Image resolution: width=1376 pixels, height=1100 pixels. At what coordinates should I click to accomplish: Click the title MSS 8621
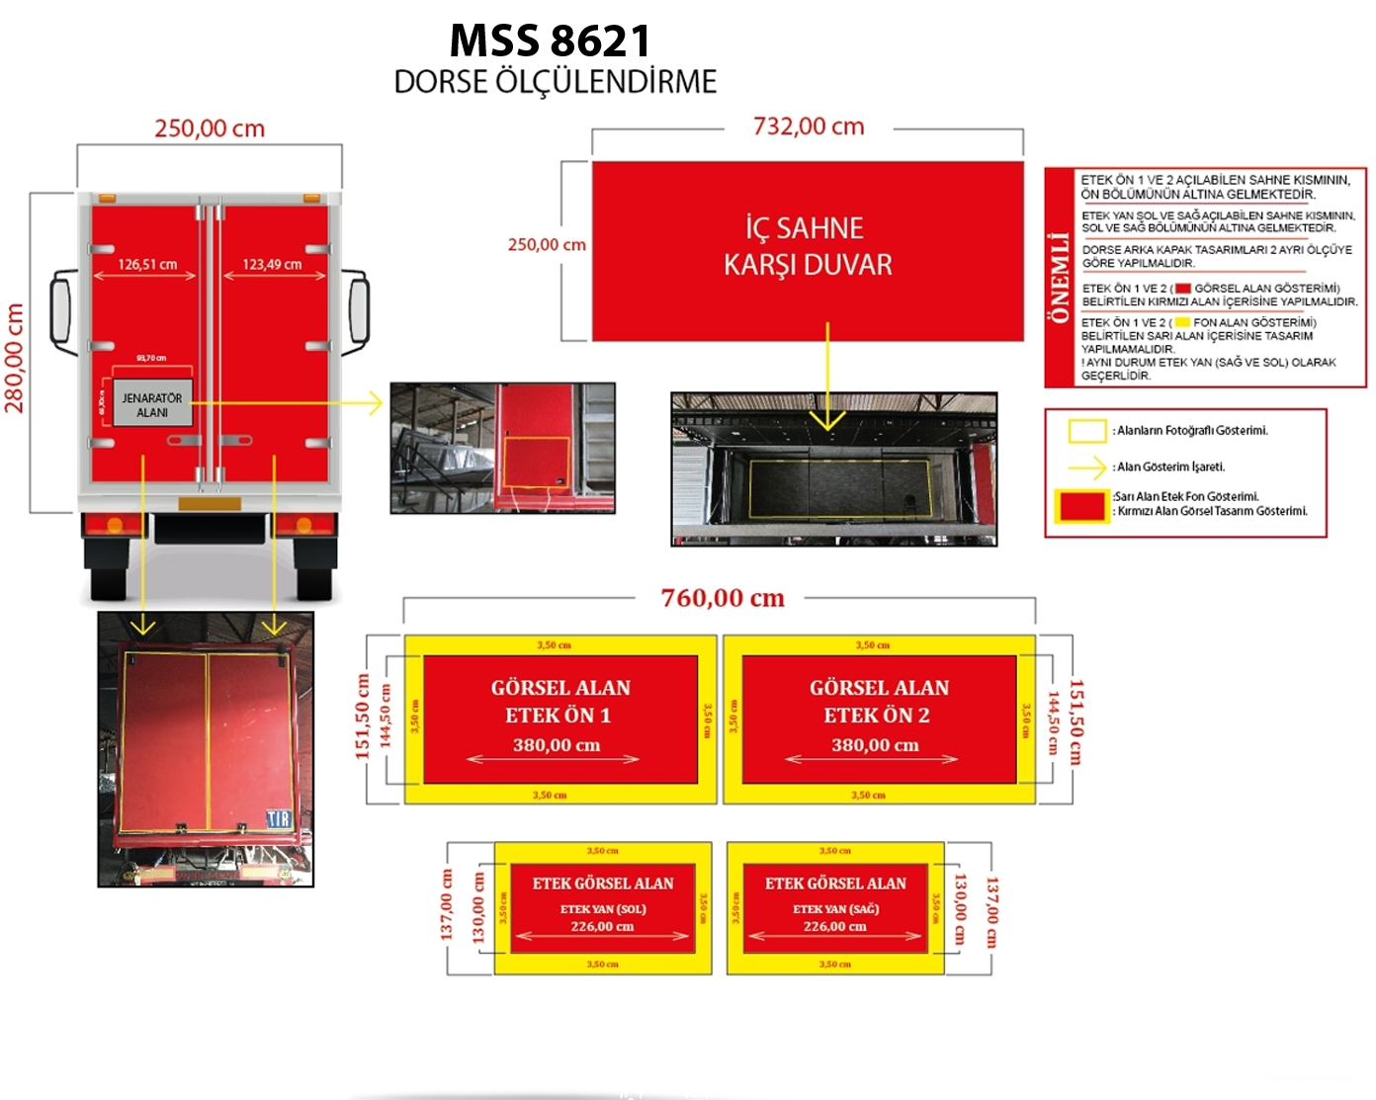(550, 42)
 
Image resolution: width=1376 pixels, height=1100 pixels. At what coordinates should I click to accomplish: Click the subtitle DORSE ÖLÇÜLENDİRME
(555, 82)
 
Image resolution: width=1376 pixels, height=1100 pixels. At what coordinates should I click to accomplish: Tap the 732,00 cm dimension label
(809, 127)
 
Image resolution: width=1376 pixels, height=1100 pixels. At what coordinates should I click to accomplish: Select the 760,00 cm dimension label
(723, 598)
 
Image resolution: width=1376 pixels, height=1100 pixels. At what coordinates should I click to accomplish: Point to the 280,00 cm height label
(15, 357)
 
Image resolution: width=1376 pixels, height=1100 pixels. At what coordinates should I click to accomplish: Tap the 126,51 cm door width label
(147, 264)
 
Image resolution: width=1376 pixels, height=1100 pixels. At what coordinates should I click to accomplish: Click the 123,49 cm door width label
(272, 264)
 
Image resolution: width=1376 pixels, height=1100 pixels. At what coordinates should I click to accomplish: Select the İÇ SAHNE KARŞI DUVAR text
(808, 246)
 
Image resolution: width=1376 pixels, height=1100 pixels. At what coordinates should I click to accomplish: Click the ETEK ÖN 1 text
(559, 716)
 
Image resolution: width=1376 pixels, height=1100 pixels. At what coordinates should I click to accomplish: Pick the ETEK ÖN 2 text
(877, 716)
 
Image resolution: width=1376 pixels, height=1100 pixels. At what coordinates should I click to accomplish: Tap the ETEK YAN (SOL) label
(603, 909)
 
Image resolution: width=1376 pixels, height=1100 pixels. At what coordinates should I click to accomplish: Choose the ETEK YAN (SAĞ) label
(835, 909)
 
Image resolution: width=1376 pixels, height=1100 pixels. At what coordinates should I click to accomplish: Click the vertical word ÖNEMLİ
(1060, 278)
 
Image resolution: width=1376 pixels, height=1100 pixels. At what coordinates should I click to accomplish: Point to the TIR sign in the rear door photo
(279, 819)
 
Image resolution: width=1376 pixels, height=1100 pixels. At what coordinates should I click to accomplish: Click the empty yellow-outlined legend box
(1086, 431)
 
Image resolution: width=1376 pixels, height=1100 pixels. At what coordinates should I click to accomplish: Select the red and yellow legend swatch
(1080, 505)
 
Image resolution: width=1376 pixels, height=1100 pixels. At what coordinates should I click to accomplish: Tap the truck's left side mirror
(61, 310)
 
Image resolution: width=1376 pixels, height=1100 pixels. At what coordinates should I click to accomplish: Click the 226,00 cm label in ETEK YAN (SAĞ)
(834, 926)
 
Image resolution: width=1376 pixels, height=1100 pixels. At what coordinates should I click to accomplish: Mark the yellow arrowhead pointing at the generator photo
(375, 403)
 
